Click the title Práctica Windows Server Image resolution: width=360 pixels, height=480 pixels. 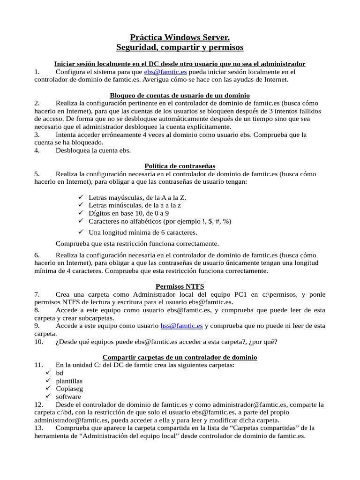tap(180, 37)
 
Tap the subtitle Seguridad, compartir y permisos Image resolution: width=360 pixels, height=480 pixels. tap(180, 47)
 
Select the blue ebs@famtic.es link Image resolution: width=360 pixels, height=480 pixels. tap(165, 72)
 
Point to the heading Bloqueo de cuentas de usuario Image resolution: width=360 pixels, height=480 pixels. tap(180, 95)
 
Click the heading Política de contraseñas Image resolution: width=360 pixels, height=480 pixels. tap(180, 166)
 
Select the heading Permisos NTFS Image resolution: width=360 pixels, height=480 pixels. tap(180, 286)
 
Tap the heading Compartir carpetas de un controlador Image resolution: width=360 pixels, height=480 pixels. tap(180, 357)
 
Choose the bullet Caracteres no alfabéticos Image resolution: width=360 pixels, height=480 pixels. tap(160, 221)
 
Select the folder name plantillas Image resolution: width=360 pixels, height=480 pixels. tap(69, 381)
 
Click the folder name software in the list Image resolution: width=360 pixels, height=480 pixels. tap(68, 397)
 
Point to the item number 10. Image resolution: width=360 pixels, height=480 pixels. tap(39, 341)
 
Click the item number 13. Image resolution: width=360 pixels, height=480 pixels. tap(39, 428)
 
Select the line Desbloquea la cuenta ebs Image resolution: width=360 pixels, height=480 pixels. tap(93, 150)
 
